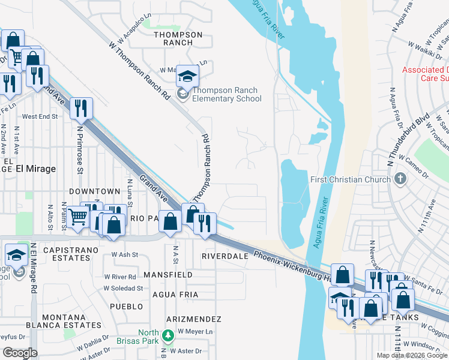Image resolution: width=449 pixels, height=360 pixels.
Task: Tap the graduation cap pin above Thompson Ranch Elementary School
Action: tap(187, 77)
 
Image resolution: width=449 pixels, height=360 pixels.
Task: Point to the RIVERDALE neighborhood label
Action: tap(225, 256)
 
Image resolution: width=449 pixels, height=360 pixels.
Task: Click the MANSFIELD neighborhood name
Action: tap(168, 275)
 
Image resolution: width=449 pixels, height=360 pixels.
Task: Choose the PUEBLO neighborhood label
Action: tap(127, 306)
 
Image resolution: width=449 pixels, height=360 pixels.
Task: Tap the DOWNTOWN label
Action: tap(95, 191)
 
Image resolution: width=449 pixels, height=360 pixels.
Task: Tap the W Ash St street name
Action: tap(125, 254)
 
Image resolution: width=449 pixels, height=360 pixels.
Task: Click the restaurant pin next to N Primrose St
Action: tap(81, 109)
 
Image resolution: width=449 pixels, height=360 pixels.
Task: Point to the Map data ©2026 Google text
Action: tap(412, 355)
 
